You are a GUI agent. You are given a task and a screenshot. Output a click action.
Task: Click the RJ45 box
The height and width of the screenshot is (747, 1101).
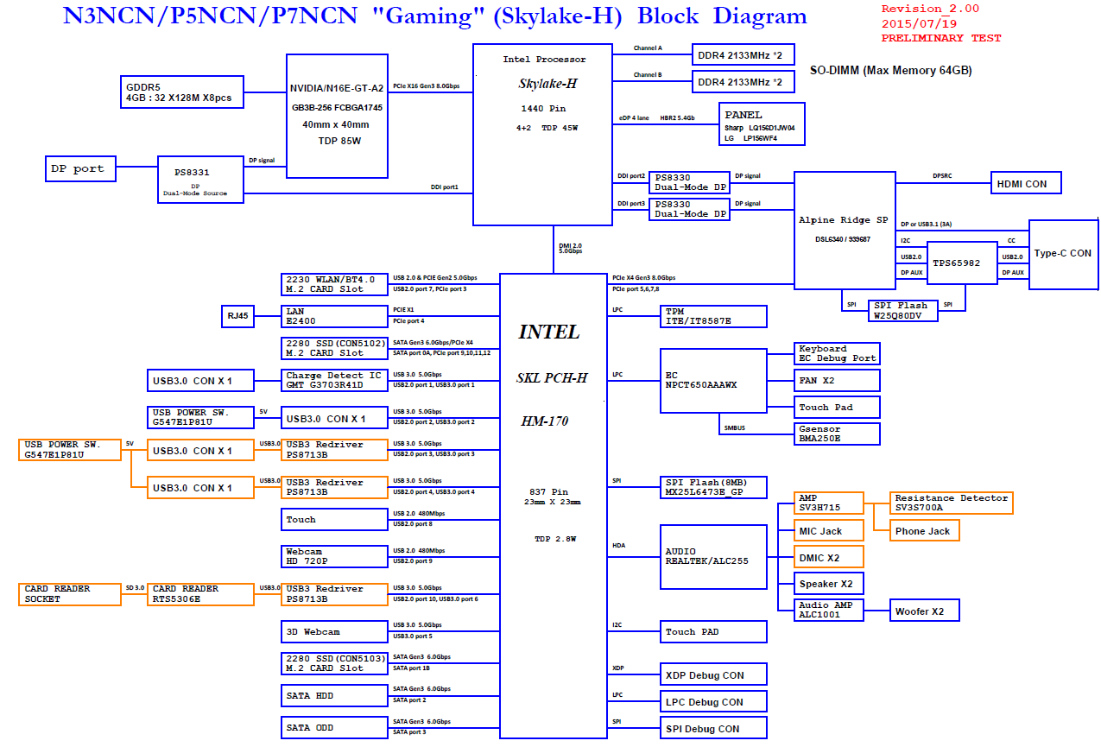237,316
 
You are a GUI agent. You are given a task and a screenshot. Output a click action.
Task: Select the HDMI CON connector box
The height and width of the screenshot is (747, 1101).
1026,183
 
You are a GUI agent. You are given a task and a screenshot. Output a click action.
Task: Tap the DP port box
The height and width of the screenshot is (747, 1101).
80,169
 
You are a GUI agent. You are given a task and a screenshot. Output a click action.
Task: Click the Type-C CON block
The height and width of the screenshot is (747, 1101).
1063,255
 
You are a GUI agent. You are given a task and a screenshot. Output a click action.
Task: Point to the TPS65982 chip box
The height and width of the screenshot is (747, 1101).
962,263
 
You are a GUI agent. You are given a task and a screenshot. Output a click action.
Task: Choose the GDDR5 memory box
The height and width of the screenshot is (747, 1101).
182,92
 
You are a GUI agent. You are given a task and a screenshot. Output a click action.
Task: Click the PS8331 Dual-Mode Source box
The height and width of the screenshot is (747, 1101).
200,180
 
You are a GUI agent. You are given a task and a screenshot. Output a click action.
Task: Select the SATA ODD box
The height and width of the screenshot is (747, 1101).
334,727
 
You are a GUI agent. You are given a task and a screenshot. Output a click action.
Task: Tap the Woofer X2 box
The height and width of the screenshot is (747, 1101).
925,611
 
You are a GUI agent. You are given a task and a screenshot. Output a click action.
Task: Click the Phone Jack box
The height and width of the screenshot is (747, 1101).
925,531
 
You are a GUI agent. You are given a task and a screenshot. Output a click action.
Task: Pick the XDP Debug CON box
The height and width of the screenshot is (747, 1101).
713,674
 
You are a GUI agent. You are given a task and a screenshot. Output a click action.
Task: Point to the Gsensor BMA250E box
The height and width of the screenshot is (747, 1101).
837,434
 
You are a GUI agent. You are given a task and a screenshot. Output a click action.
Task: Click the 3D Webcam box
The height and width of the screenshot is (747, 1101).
334,631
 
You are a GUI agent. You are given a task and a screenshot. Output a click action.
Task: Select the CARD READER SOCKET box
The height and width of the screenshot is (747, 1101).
70,594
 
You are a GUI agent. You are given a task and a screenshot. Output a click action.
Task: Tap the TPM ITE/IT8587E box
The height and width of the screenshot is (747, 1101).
713,316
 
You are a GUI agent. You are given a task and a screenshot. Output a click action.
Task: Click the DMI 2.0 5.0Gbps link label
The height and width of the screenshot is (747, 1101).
570,248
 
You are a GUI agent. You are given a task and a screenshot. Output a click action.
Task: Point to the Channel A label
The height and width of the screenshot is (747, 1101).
648,48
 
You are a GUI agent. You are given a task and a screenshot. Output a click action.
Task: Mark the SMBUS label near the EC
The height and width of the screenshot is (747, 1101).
734,428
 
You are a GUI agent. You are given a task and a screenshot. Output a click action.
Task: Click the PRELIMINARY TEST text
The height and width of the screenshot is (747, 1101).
940,38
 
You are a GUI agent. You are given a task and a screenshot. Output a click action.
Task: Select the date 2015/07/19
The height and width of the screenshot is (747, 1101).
919,23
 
